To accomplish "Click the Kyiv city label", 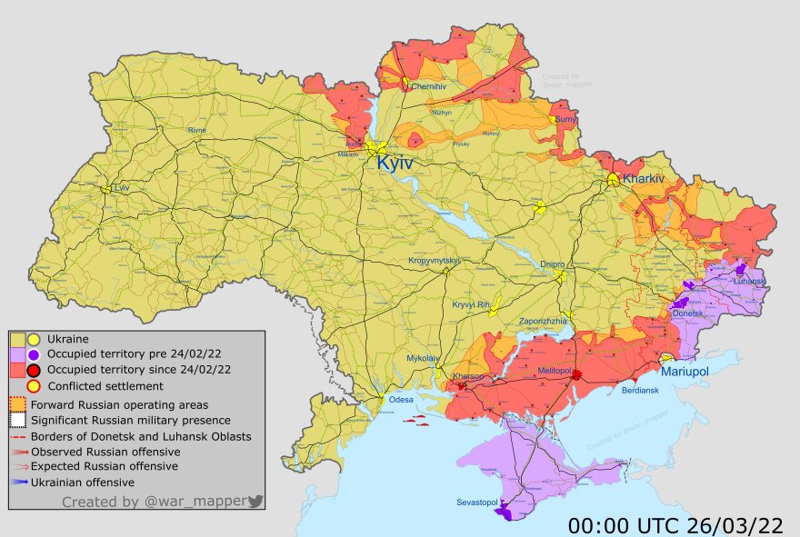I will pyautogui.click(x=395, y=164).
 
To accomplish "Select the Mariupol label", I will pyautogui.click(x=685, y=372).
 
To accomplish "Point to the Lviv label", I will pyautogui.click(x=122, y=187).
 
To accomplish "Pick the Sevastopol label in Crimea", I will pyautogui.click(x=477, y=502).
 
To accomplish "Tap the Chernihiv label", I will pyautogui.click(x=427, y=86).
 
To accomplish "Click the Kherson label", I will pyautogui.click(x=468, y=376).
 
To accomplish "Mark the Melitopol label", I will pyautogui.click(x=555, y=373).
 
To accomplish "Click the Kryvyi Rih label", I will pyautogui.click(x=471, y=304).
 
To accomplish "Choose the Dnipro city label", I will pyautogui.click(x=552, y=264).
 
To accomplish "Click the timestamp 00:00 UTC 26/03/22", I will pyautogui.click(x=675, y=525).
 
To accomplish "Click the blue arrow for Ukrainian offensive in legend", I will pyautogui.click(x=20, y=482).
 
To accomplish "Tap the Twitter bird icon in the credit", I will pyautogui.click(x=255, y=502).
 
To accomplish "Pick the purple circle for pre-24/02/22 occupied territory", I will pyautogui.click(x=34, y=354).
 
